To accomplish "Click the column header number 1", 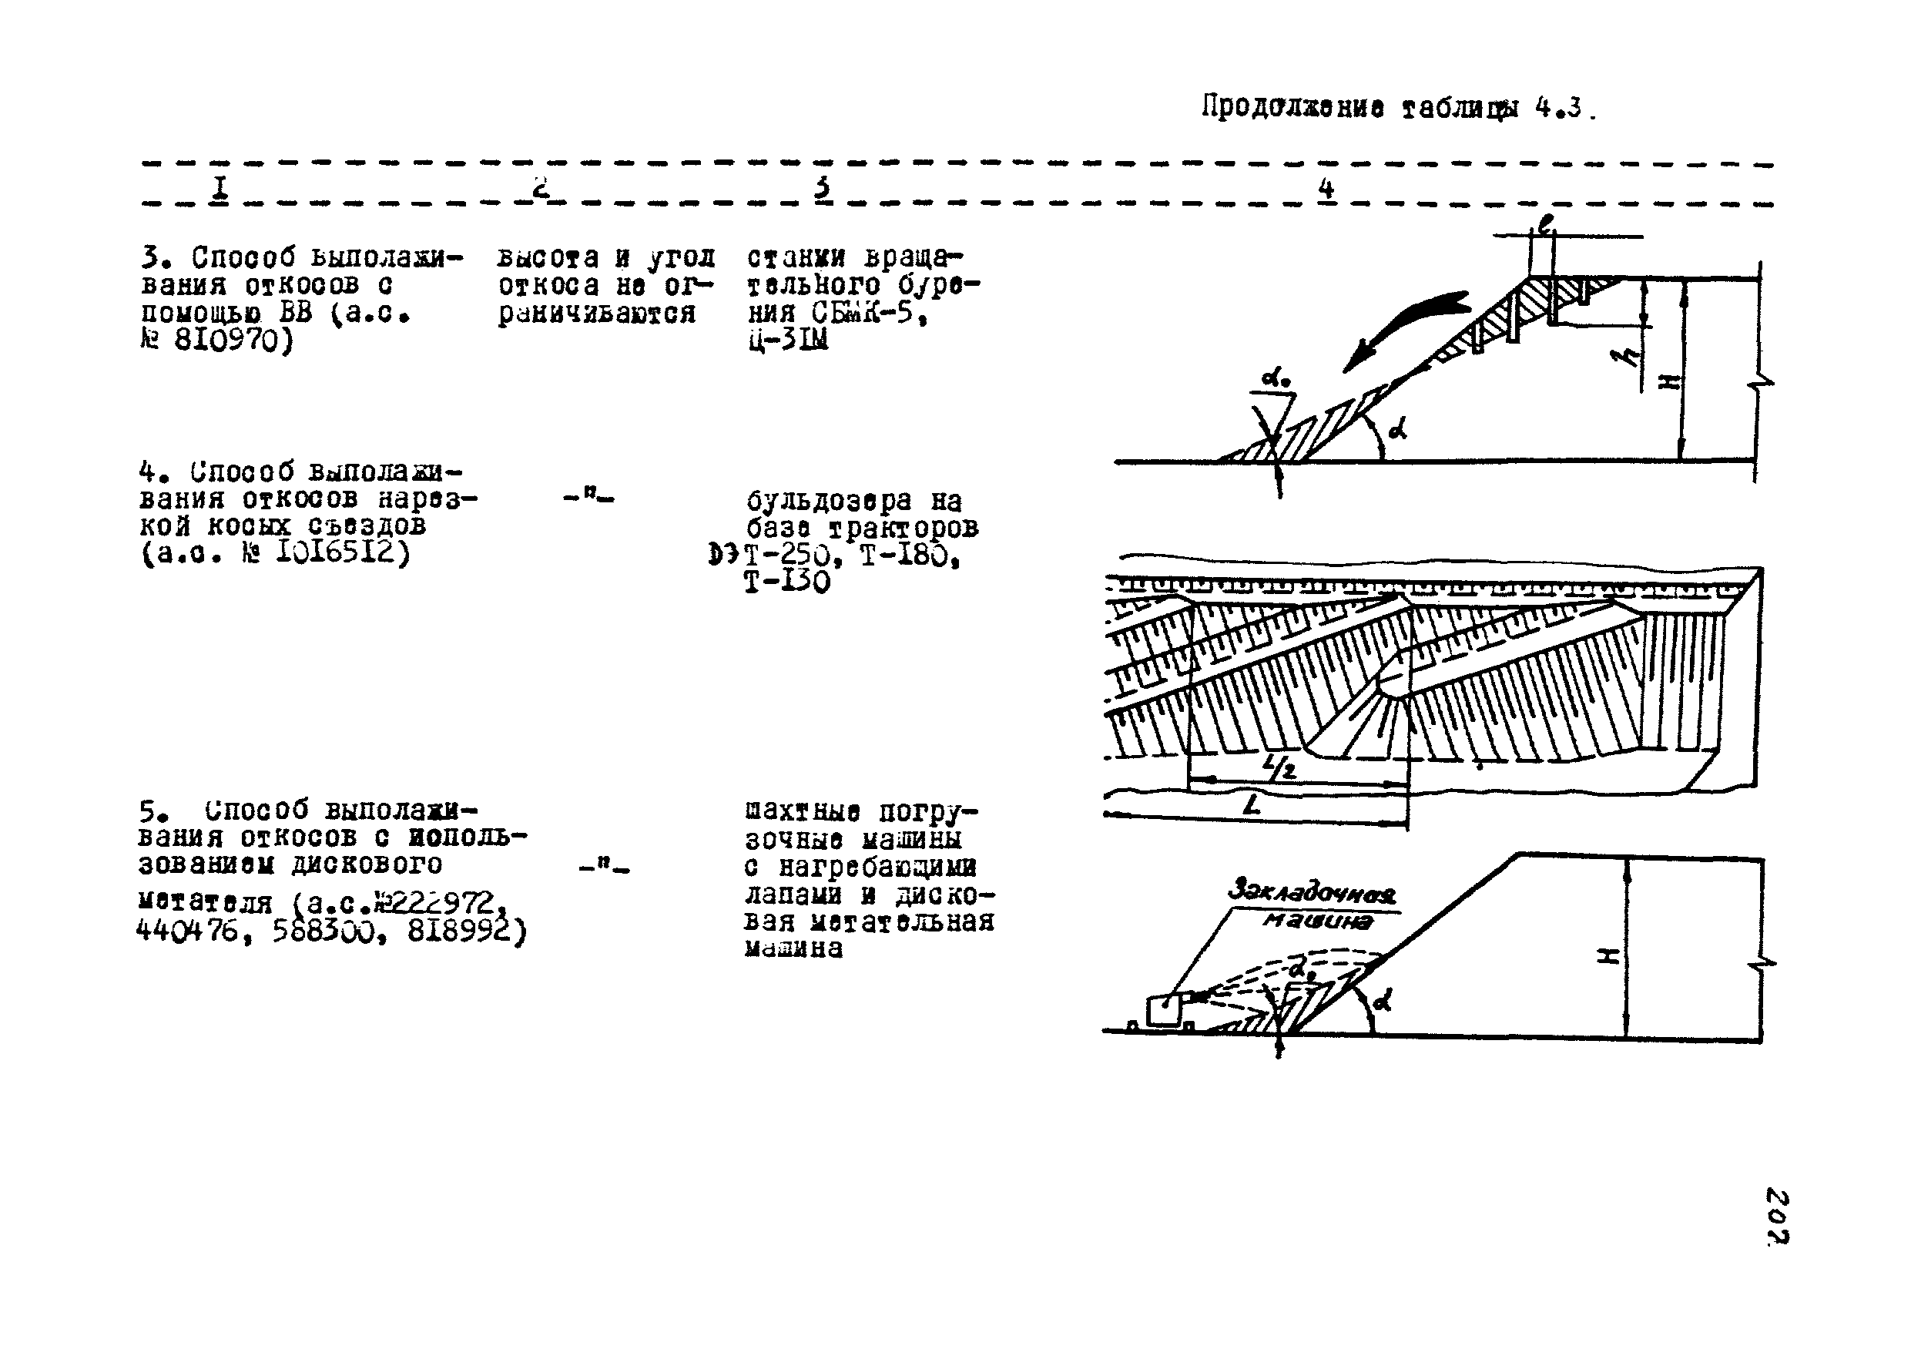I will click(219, 188).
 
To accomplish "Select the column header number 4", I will click(1326, 188).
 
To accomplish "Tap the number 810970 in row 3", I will click(233, 341).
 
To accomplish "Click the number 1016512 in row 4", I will click(342, 552).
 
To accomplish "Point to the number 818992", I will click(465, 932).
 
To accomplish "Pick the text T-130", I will click(786, 582).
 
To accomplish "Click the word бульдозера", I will click(829, 501).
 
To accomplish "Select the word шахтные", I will click(803, 811).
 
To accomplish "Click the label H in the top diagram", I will click(1669, 381).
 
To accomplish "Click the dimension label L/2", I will click(1279, 766).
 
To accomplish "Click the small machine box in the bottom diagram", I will click(1163, 1011).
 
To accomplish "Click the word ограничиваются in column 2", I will click(596, 314).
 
